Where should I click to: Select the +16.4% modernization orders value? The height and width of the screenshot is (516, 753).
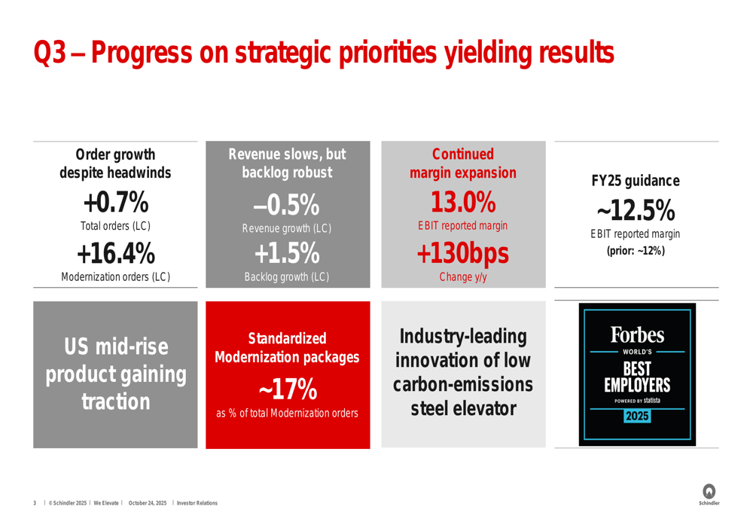115,253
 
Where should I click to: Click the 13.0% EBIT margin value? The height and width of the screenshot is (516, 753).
462,202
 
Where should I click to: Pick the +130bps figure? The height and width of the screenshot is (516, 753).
462,253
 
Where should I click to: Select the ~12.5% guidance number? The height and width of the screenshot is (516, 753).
636,210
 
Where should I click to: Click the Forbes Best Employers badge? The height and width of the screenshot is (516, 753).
636,374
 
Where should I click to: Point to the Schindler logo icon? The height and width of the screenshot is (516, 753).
709,490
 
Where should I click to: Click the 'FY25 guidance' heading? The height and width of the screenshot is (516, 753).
636,181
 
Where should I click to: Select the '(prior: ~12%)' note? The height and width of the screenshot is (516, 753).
636,250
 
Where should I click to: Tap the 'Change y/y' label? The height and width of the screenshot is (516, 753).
462,276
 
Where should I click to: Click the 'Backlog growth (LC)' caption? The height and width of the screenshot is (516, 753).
286,276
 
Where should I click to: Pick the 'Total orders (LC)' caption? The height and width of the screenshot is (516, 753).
115,226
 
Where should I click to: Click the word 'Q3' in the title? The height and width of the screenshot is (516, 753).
52,53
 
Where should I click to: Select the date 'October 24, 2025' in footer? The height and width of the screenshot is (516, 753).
148,503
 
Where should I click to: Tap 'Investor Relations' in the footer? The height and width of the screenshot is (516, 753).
197,503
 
